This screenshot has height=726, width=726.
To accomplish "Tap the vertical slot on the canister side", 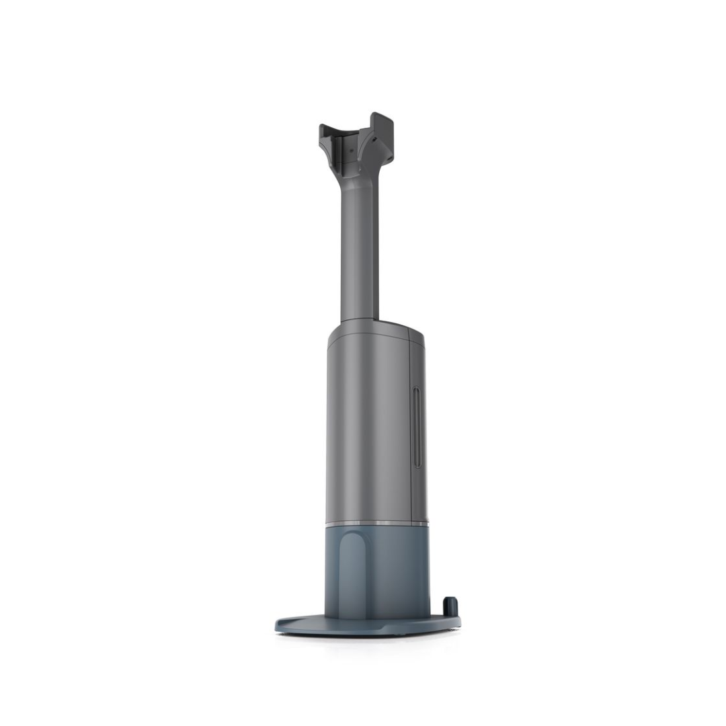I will [x=417, y=428].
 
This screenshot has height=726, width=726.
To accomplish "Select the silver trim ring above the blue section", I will [x=376, y=522].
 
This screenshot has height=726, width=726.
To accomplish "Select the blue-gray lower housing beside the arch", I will [x=397, y=571].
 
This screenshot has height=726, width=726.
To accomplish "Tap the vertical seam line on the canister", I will [x=409, y=430].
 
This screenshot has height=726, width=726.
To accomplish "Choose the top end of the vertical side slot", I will [x=417, y=391].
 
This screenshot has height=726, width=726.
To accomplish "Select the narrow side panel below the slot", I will [x=418, y=494].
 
